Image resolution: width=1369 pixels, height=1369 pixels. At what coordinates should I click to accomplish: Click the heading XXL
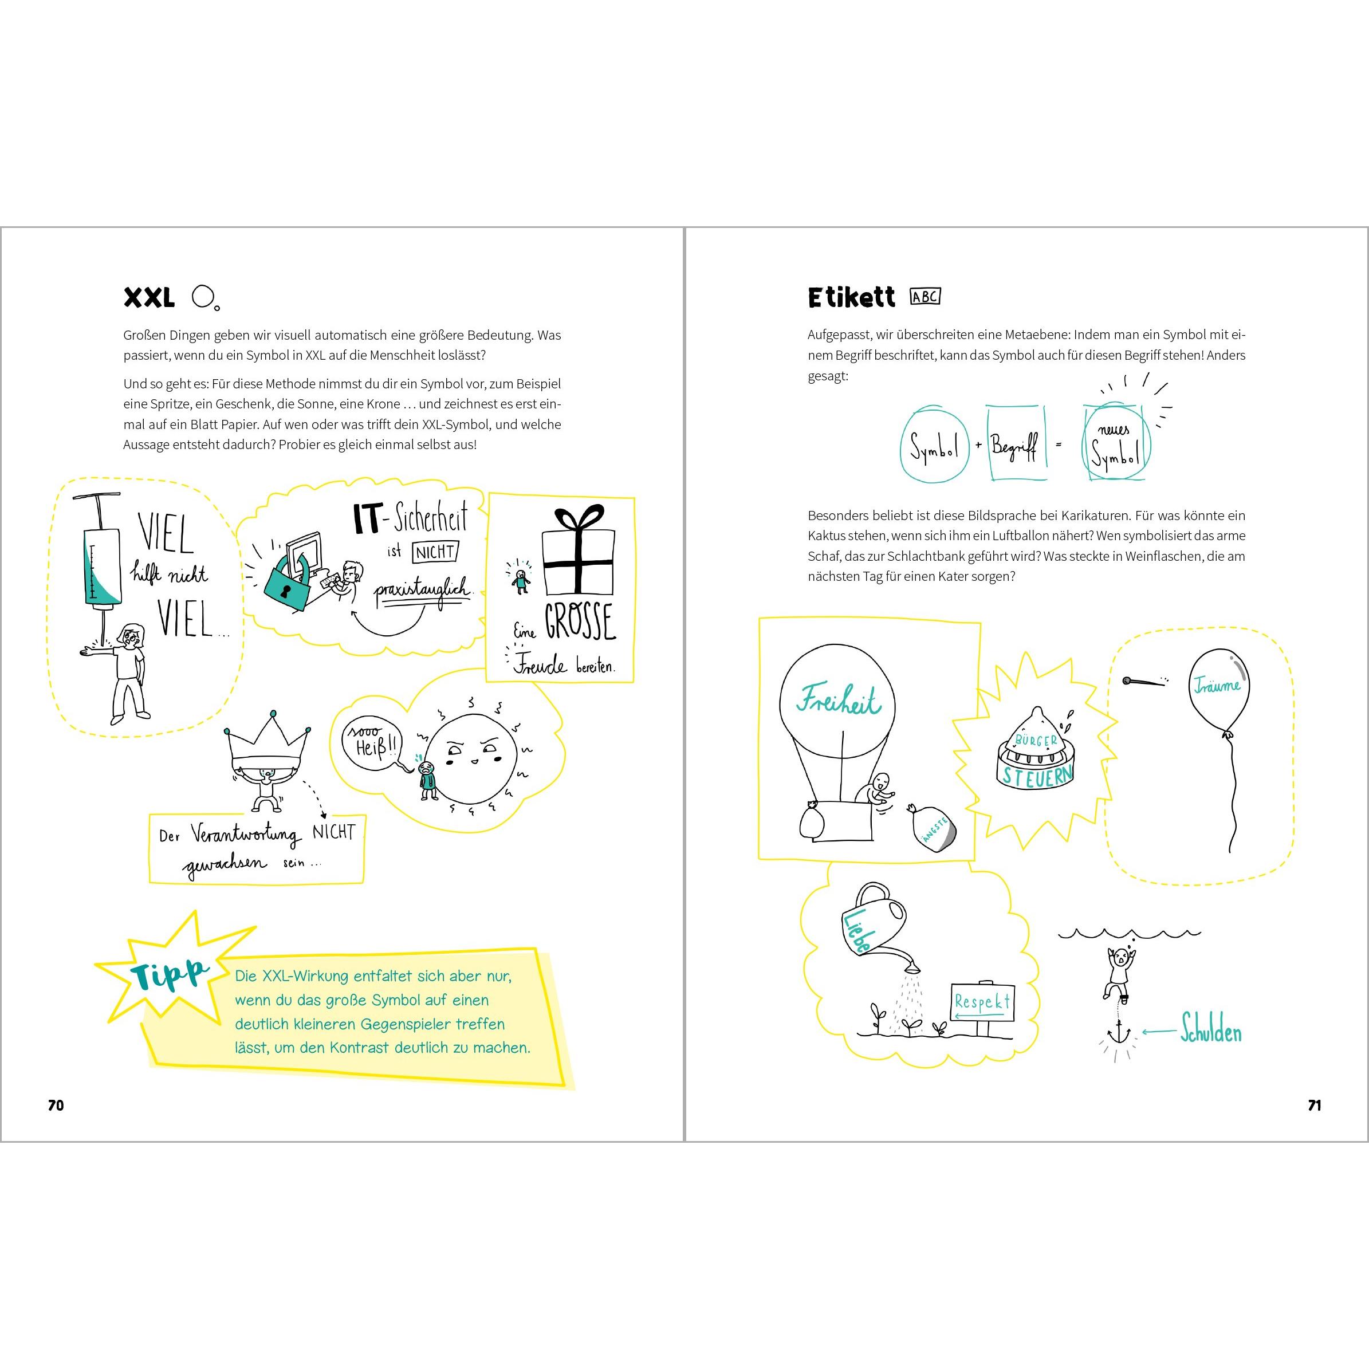click(x=149, y=298)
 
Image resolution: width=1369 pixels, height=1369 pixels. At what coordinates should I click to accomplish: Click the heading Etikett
click(x=851, y=298)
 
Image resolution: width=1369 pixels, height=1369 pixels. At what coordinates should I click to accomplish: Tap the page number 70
click(x=55, y=1105)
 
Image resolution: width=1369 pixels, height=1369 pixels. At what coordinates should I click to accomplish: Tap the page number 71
click(x=1315, y=1105)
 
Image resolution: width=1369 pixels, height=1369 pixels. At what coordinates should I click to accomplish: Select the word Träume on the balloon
click(x=1217, y=685)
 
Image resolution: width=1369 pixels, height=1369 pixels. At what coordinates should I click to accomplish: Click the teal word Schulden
click(x=1211, y=1032)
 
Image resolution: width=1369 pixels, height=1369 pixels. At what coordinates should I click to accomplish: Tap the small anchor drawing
click(x=1118, y=1034)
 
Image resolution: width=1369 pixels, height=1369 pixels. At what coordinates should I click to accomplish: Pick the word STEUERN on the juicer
click(x=1037, y=777)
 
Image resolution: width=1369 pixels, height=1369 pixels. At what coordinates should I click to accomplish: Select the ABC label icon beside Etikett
click(x=926, y=297)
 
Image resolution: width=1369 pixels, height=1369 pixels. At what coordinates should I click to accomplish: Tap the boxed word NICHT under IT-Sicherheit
click(x=436, y=551)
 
